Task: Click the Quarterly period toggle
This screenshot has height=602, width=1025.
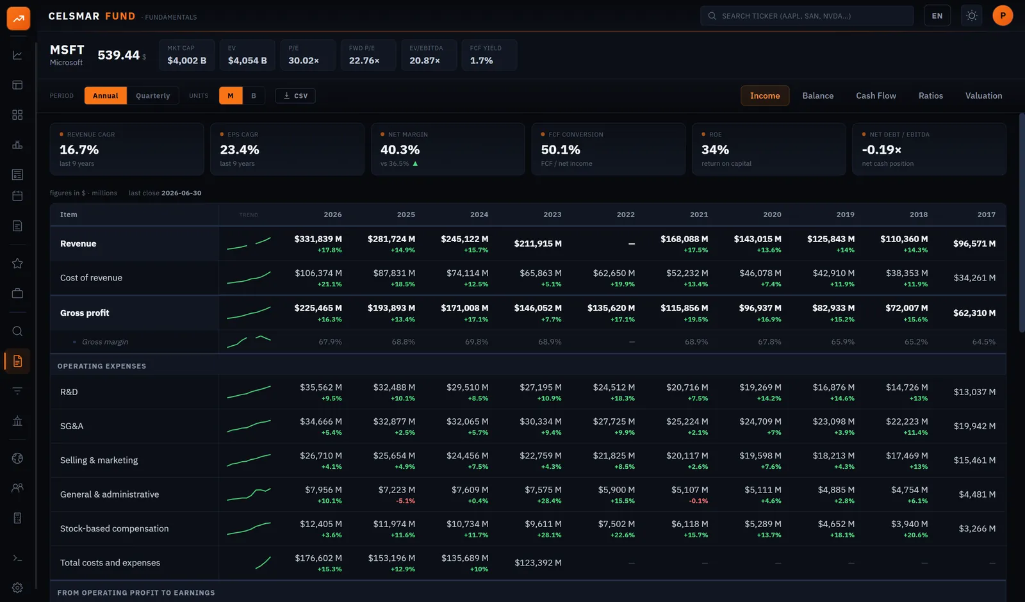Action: [x=153, y=95]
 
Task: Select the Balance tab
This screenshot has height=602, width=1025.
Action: [x=817, y=95]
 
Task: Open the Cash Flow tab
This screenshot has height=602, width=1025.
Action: [x=876, y=95]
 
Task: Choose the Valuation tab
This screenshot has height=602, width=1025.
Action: [x=983, y=95]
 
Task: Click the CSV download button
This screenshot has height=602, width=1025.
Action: [x=295, y=95]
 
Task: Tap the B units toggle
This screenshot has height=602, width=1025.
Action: [x=254, y=95]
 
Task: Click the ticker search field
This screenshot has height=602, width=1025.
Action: [x=807, y=16]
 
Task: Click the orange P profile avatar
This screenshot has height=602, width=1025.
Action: [x=1003, y=15]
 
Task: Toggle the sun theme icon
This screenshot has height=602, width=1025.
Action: [x=971, y=16]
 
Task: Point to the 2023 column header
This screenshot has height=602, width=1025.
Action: [x=552, y=215]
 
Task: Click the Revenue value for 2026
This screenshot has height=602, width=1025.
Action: [x=318, y=239]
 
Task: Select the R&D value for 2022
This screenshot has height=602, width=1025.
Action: [x=614, y=387]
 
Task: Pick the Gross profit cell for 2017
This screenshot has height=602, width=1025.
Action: [x=974, y=313]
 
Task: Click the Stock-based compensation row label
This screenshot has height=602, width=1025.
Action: [x=115, y=528]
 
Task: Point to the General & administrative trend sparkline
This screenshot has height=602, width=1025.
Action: [x=249, y=494]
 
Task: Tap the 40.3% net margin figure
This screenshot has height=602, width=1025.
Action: [x=400, y=150]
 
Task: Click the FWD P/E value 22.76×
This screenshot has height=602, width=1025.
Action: [x=365, y=60]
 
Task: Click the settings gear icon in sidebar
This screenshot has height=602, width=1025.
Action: [x=17, y=587]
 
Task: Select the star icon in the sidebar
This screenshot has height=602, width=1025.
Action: [x=17, y=263]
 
